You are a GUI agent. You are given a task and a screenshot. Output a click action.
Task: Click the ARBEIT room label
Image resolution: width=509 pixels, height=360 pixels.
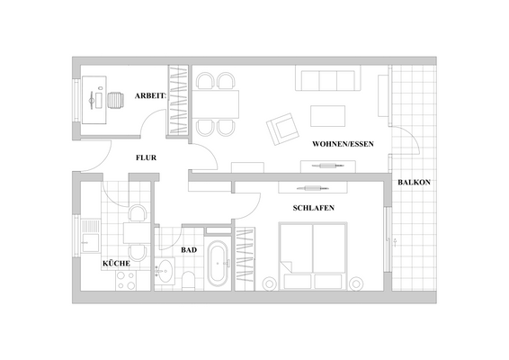coord(150,94)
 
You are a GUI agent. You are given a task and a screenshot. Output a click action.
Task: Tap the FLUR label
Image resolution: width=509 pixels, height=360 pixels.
coord(147,157)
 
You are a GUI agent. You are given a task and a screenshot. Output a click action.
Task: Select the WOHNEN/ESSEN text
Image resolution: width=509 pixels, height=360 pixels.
coord(343,144)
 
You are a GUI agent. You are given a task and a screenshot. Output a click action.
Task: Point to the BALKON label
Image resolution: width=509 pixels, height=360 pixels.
coord(414,184)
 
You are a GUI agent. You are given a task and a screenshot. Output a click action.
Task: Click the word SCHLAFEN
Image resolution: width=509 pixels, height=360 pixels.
coord(315,208)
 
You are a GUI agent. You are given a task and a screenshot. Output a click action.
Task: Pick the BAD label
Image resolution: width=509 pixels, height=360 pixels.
coord(189,249)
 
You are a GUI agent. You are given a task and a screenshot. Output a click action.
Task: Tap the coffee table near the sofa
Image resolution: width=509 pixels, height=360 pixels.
coord(328,115)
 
